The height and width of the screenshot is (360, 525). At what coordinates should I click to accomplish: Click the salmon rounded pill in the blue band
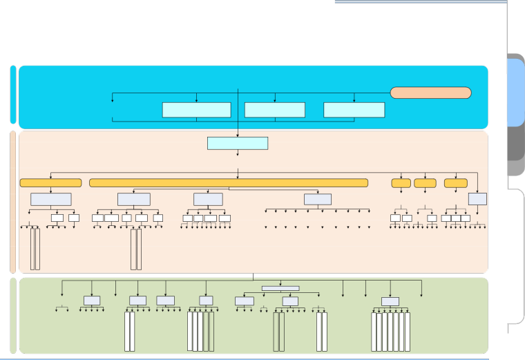tap(430, 93)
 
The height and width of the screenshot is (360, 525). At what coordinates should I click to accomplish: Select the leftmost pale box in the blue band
tap(196, 110)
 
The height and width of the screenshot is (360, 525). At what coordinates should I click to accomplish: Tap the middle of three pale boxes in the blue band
tap(274, 110)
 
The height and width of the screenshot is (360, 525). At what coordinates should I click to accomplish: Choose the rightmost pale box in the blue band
tap(354, 110)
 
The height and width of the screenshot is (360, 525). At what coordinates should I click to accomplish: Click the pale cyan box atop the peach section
tap(237, 143)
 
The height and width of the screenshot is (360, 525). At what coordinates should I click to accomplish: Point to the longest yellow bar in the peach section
tap(228, 182)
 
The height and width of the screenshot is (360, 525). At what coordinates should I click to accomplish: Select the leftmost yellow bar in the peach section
tap(50, 182)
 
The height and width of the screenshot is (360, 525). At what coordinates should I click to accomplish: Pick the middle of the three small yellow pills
tap(425, 183)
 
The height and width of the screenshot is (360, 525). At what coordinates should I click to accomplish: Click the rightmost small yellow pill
tap(455, 183)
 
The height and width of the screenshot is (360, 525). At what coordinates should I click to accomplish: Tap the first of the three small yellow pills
tap(401, 183)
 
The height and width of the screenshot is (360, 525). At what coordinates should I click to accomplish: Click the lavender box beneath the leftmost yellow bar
tap(50, 199)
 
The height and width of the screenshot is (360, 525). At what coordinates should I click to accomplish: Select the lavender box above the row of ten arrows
tap(317, 199)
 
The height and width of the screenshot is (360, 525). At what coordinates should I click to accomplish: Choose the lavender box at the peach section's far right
tap(477, 199)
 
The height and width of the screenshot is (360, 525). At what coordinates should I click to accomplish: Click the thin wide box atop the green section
tap(280, 288)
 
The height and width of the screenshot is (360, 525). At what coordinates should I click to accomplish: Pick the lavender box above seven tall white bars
tap(390, 301)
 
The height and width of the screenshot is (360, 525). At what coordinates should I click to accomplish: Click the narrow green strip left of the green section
tap(13, 315)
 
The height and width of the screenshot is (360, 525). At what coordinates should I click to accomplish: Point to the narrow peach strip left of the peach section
tap(13, 202)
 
